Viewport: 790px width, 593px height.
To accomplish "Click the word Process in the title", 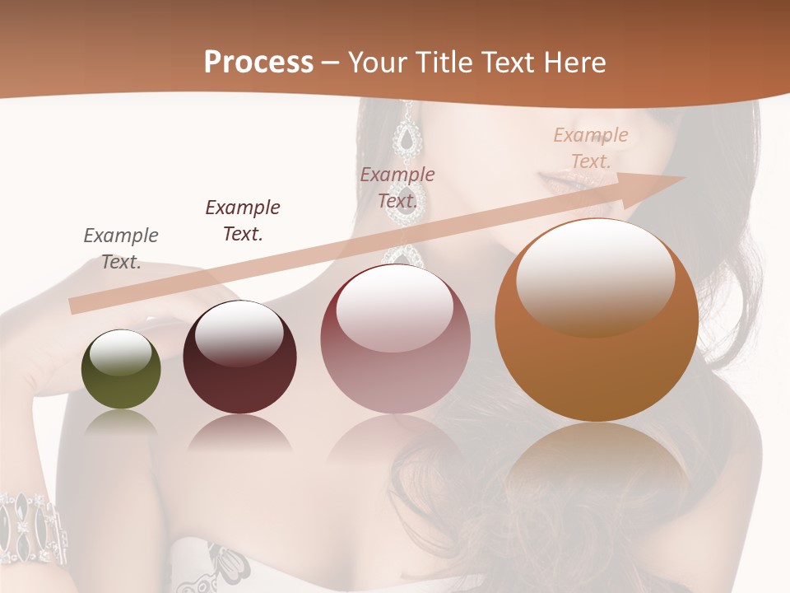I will pos(258,63).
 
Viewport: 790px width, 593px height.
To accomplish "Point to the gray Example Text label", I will pos(121,249).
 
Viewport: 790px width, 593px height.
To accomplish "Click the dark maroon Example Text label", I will pos(243,221).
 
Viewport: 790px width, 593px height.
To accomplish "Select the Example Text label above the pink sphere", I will pos(397,188).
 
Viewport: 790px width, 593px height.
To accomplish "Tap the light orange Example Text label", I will pos(591,148).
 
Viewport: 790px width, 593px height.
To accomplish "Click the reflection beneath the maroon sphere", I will pos(239,432).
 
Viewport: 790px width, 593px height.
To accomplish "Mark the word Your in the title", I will pos(378,63).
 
